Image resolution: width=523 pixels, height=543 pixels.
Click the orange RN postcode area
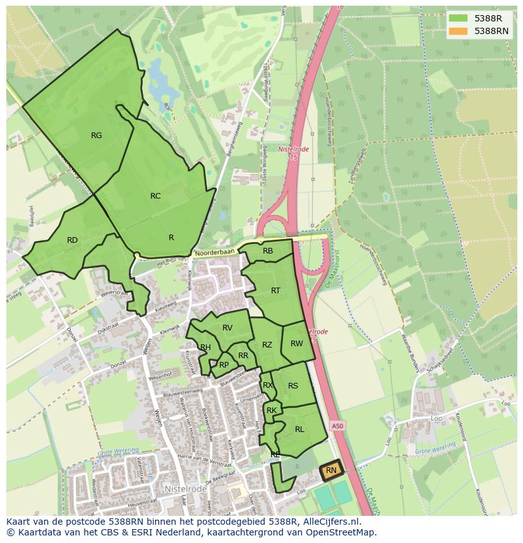331,470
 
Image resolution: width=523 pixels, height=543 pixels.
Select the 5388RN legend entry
491,30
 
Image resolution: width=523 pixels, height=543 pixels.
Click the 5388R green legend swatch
459,18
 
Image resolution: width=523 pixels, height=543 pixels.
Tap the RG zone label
96,135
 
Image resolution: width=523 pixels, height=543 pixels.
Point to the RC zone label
155,196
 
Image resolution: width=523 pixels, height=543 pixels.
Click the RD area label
72,240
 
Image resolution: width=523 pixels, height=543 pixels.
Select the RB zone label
268,251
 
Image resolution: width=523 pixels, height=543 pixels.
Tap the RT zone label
275,291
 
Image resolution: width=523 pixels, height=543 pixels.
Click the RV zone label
227,327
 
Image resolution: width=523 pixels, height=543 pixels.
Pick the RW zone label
297,344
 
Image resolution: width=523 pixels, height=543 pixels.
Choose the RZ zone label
267,345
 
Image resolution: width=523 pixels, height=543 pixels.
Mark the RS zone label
293,386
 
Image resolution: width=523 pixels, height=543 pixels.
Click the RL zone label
299,429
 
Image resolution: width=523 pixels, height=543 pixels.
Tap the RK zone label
272,411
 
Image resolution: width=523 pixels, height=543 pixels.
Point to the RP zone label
224,365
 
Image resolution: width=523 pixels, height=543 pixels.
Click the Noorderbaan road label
215,252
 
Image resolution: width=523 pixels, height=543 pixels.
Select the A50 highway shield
338,426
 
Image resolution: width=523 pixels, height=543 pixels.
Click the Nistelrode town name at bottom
186,489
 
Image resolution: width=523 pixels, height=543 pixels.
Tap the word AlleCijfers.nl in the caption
329,522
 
